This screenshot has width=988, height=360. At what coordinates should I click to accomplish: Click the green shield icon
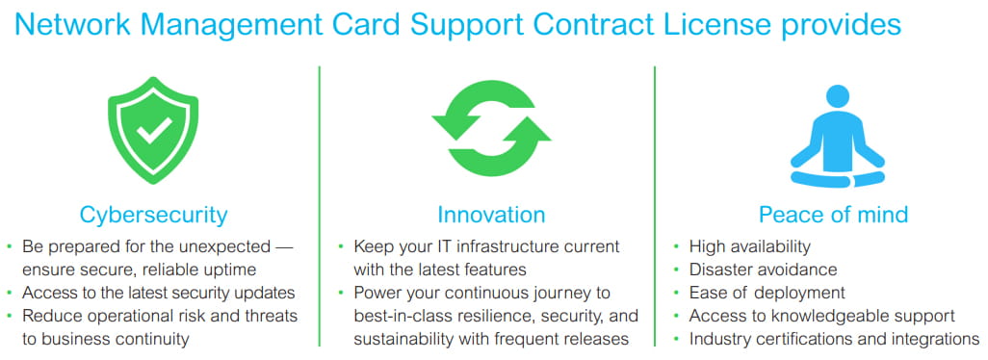coord(153,130)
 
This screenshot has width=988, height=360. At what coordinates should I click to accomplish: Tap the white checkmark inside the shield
coord(154,128)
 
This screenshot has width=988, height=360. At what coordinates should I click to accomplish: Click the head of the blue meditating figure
coord(838,96)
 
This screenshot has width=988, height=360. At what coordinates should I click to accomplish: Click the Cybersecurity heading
coord(153,216)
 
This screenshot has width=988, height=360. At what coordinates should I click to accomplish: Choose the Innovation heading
coord(491,216)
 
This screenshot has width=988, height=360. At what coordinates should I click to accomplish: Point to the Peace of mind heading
coord(833,216)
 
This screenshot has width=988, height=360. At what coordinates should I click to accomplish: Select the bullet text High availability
coord(750,246)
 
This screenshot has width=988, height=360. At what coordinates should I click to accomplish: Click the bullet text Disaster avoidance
coord(763,270)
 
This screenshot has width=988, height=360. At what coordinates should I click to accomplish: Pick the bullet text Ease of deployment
coord(767,294)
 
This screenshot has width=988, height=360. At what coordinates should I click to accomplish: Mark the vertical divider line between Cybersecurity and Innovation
coord(320,206)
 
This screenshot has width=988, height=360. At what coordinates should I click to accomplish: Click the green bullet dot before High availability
coord(675,246)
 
